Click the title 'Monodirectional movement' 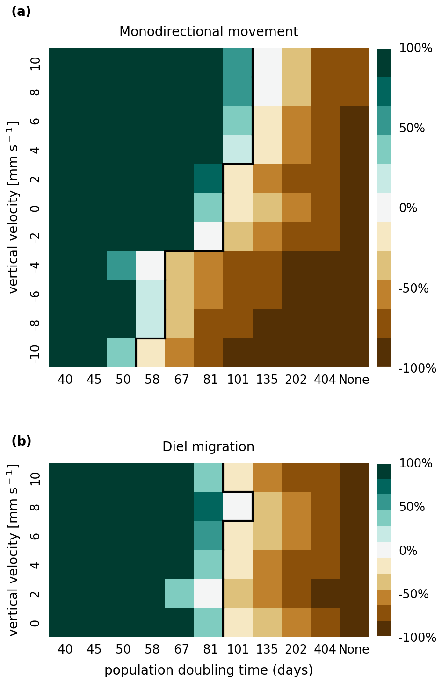pyautogui.click(x=209, y=32)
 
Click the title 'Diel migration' pyautogui.click(x=208, y=447)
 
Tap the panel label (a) pyautogui.click(x=21, y=12)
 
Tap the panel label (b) pyautogui.click(x=21, y=441)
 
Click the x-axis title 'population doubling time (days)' pyautogui.click(x=209, y=670)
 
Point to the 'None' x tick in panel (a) pyautogui.click(x=354, y=380)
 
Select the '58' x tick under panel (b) pyautogui.click(x=152, y=649)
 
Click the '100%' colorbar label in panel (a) pyautogui.click(x=416, y=48)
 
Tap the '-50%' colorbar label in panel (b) pyautogui.click(x=413, y=594)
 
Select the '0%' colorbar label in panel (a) pyautogui.click(x=408, y=208)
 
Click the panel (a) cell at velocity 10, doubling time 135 pyautogui.click(x=267, y=62)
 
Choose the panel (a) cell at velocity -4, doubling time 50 pyautogui.click(x=122, y=266)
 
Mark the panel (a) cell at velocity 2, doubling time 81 pyautogui.click(x=209, y=179)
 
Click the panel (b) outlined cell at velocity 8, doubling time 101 pyautogui.click(x=238, y=506)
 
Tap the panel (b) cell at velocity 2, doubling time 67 pyautogui.click(x=180, y=594)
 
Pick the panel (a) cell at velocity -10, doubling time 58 pyautogui.click(x=151, y=353)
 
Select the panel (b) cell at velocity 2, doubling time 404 pyautogui.click(x=325, y=594)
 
